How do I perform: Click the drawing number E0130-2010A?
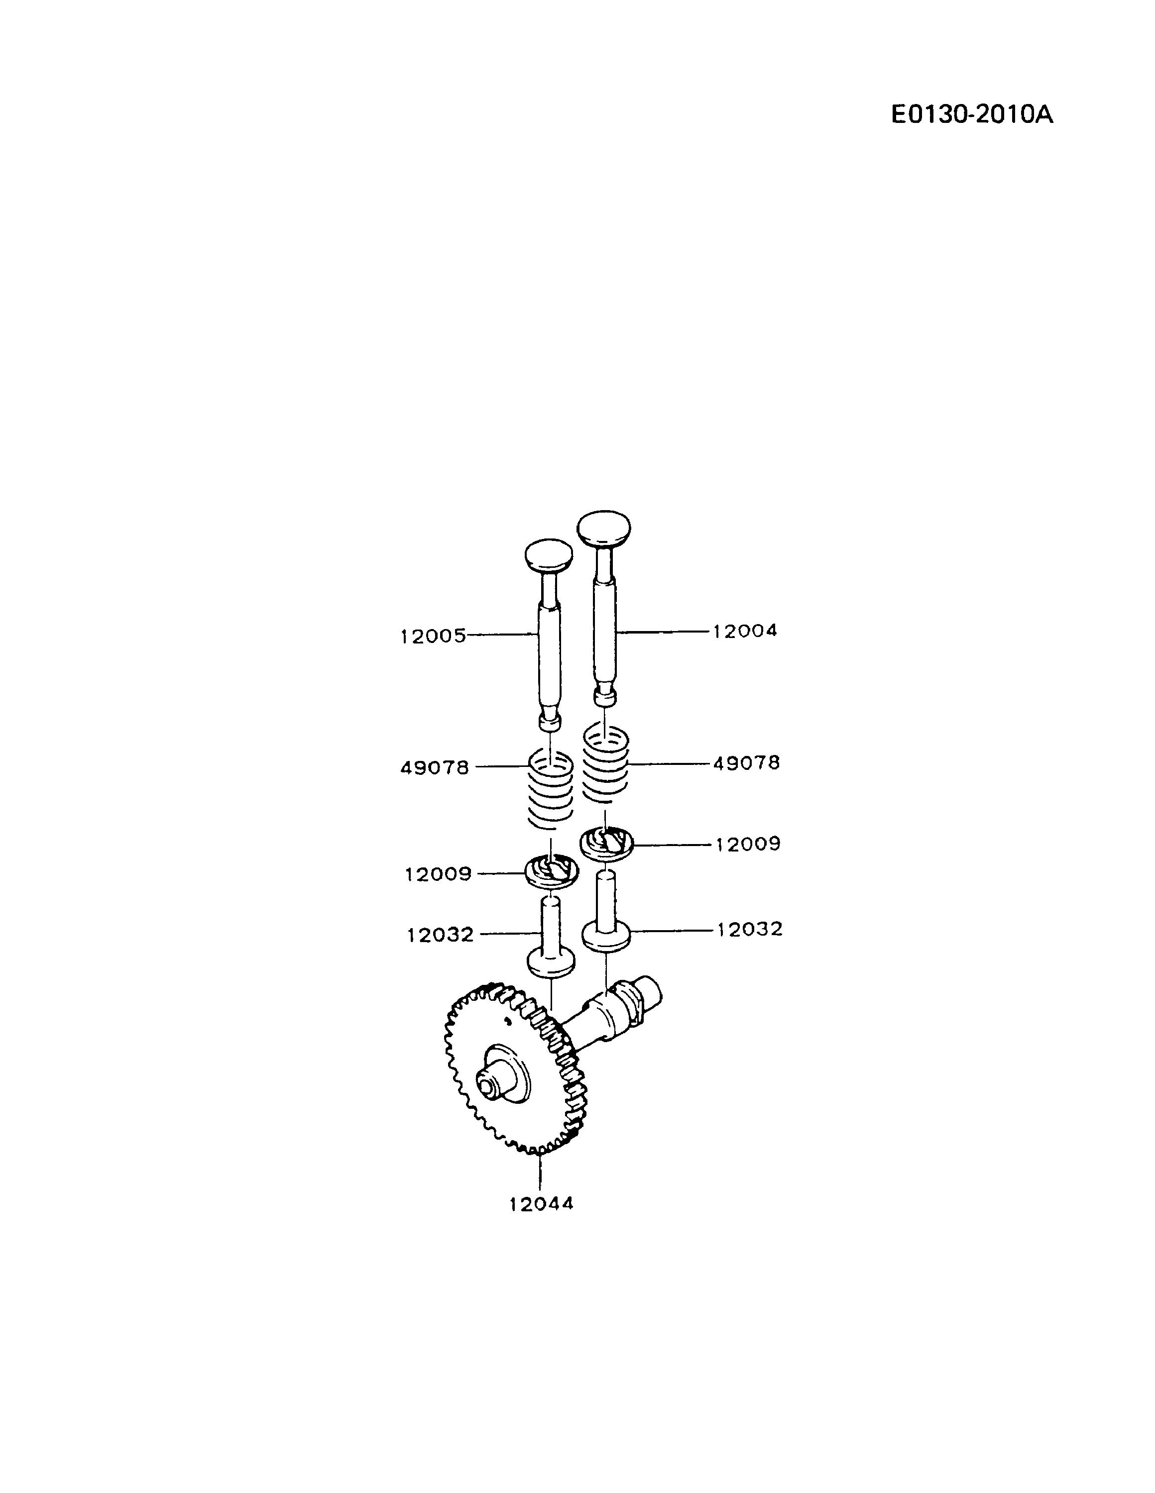[972, 114]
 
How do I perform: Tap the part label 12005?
[433, 637]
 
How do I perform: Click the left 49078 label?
[435, 768]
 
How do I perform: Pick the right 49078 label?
[746, 763]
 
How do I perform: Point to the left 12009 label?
[438, 874]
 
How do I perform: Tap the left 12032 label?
[441, 935]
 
